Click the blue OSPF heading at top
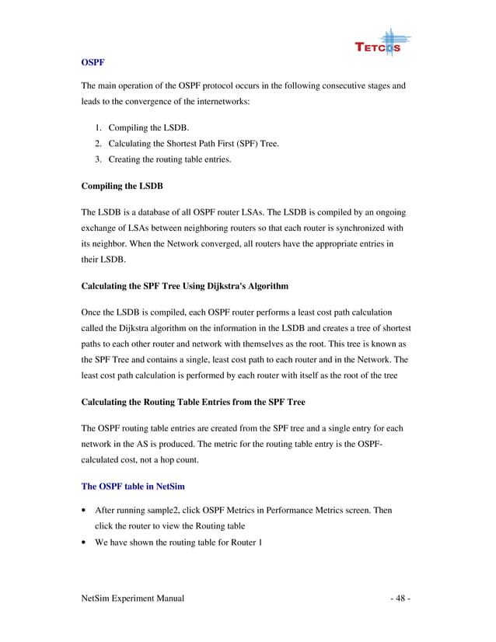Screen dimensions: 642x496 pyautogui.click(x=93, y=61)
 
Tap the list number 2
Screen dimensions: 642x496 pyautogui.click(x=99, y=144)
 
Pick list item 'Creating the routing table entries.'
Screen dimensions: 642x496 pyautogui.click(x=169, y=160)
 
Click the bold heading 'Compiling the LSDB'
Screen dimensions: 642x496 pyautogui.click(x=122, y=186)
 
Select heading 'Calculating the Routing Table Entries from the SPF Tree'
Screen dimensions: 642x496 pyautogui.click(x=193, y=402)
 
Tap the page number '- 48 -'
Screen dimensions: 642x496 pyautogui.click(x=400, y=598)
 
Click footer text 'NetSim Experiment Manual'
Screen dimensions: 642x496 pyautogui.click(x=132, y=598)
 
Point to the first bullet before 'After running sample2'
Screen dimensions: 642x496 pyautogui.click(x=84, y=511)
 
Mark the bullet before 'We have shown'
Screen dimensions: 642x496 pyautogui.click(x=84, y=543)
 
